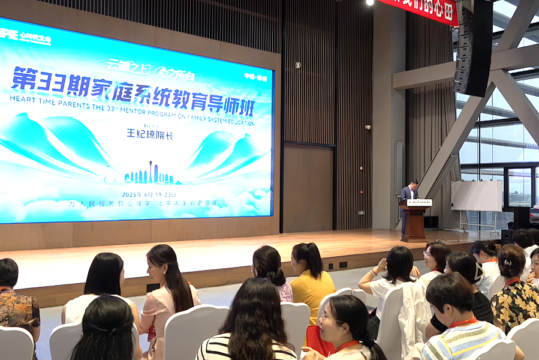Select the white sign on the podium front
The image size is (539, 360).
pyautogui.click(x=419, y=203)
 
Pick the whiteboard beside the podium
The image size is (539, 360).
pyautogui.click(x=477, y=196)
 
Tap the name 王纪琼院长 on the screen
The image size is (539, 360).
pyautogui.click(x=150, y=134)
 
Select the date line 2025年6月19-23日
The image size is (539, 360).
pyautogui.click(x=150, y=194)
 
